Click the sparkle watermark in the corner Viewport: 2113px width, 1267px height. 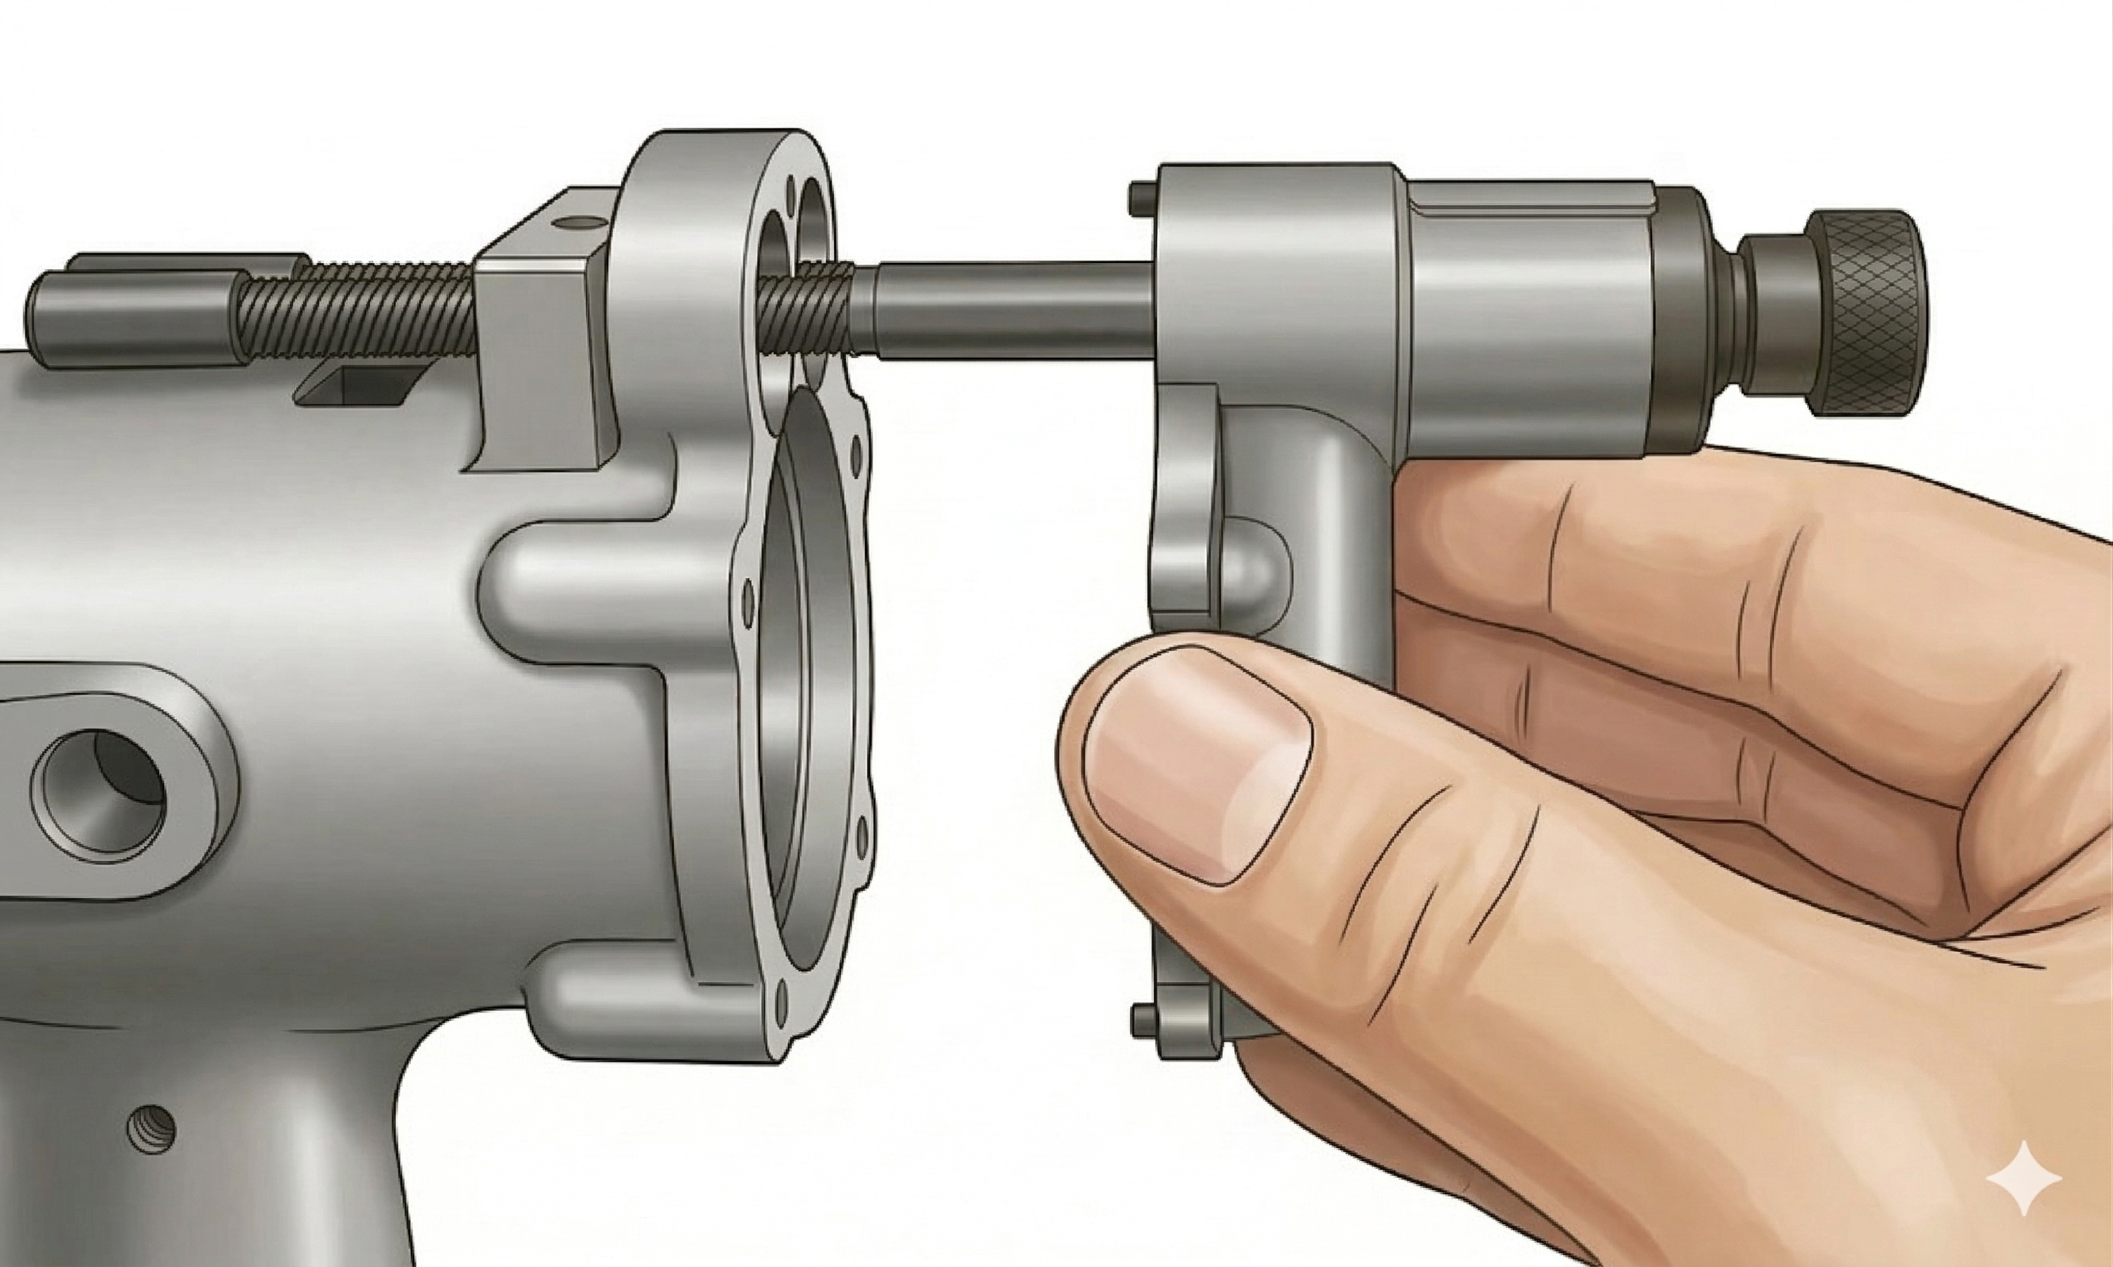click(x=2024, y=1178)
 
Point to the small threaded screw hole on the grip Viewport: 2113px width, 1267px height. click(x=151, y=1129)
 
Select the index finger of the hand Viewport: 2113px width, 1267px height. click(x=1622, y=546)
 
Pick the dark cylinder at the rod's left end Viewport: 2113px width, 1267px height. click(x=128, y=316)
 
